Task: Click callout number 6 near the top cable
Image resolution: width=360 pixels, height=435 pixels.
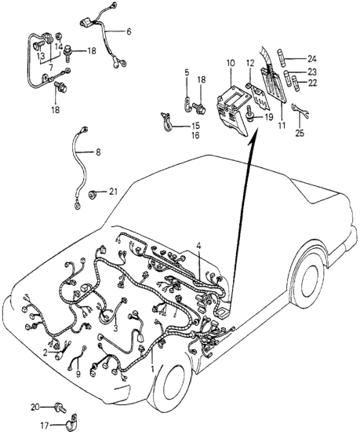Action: pyautogui.click(x=129, y=31)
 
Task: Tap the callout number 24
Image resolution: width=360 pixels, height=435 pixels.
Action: pyautogui.click(x=311, y=59)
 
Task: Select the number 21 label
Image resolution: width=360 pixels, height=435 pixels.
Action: pyautogui.click(x=113, y=192)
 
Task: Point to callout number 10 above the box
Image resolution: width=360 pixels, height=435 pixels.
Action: pyautogui.click(x=231, y=64)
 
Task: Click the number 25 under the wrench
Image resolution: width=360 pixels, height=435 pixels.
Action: pyautogui.click(x=300, y=133)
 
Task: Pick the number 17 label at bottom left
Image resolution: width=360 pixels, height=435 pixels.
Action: pyautogui.click(x=45, y=426)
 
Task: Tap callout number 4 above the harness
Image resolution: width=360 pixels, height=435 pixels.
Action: pyautogui.click(x=198, y=246)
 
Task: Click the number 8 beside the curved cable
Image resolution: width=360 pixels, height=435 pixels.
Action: pyautogui.click(x=98, y=152)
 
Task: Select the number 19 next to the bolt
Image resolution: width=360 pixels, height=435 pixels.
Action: pyautogui.click(x=268, y=117)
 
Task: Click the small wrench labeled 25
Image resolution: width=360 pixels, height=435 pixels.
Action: pyautogui.click(x=300, y=110)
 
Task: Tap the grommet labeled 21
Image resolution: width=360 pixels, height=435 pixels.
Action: pyautogui.click(x=92, y=195)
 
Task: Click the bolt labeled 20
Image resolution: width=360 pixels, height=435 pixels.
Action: pyautogui.click(x=60, y=408)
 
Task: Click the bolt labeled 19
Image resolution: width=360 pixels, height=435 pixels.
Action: pyautogui.click(x=250, y=114)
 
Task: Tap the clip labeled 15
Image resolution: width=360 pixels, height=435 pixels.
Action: pyautogui.click(x=166, y=122)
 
